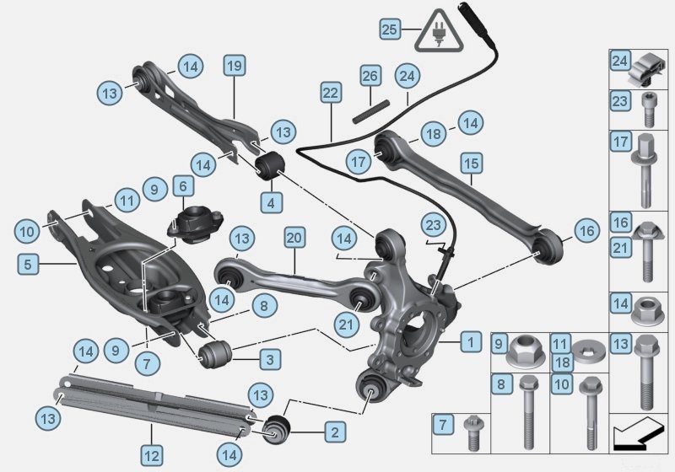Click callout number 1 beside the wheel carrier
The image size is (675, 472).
(471, 341)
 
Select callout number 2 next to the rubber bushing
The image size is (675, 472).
(335, 433)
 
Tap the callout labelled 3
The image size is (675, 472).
(269, 360)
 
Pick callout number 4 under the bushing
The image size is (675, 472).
(271, 202)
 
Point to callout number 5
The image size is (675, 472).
(28, 264)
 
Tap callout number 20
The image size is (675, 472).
(294, 238)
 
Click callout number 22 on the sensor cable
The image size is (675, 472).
(330, 92)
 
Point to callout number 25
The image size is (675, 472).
(389, 29)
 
